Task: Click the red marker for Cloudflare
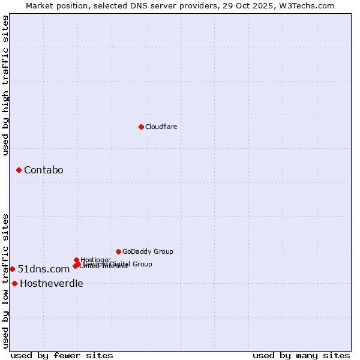[x=141, y=127]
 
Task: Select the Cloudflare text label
[x=161, y=127]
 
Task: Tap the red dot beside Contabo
[x=19, y=170]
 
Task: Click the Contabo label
[x=43, y=170]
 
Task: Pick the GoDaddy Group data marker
[x=118, y=251]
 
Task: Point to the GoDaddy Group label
[x=148, y=251]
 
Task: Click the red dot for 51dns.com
[x=12, y=269]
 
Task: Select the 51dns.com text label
[x=43, y=269]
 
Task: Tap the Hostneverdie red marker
[x=14, y=283]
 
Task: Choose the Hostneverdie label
[x=51, y=284]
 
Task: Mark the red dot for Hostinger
[x=76, y=260]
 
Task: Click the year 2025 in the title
[x=271, y=5]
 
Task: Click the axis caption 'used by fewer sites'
[x=62, y=355]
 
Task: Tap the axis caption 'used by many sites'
[x=301, y=355]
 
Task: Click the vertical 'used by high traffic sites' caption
[x=5, y=86]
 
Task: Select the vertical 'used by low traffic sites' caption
[x=5, y=280]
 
